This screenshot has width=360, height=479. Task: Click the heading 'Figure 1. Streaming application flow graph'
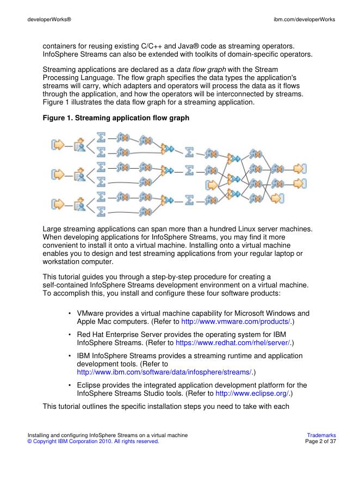116,118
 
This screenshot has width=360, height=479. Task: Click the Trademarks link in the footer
321,435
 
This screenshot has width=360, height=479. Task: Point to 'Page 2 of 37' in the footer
321,441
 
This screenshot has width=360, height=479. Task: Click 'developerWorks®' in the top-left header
49,20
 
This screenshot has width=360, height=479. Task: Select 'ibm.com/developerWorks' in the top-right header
304,20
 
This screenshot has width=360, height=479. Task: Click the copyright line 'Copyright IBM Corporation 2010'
93,441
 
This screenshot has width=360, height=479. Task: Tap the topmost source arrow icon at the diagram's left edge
57,144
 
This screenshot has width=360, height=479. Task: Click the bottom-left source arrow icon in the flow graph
57,204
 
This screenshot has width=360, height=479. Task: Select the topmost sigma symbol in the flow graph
101,138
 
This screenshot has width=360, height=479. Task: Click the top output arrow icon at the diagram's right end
300,168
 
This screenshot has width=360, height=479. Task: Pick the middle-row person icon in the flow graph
79,174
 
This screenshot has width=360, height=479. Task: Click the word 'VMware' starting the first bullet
91,314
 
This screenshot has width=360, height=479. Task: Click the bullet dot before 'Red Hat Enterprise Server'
71,335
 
